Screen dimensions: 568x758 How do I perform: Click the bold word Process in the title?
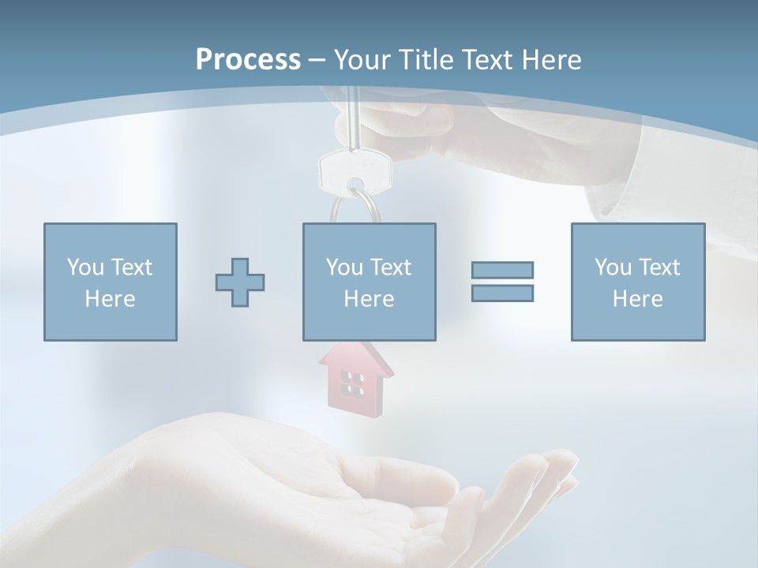(x=248, y=59)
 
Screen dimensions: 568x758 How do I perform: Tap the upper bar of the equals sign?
(x=502, y=270)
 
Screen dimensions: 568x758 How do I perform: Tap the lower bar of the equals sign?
(x=502, y=293)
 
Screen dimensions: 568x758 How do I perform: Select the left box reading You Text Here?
(x=110, y=282)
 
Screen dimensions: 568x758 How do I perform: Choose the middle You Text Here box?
(x=369, y=282)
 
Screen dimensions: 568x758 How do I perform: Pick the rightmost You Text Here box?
(x=637, y=282)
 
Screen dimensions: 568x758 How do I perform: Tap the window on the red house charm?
(x=352, y=384)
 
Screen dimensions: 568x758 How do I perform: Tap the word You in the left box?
(x=85, y=267)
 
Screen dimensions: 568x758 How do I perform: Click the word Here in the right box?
(x=637, y=298)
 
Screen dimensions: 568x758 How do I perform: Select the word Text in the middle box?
(x=390, y=267)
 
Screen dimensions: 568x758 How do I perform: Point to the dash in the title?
(x=317, y=60)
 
